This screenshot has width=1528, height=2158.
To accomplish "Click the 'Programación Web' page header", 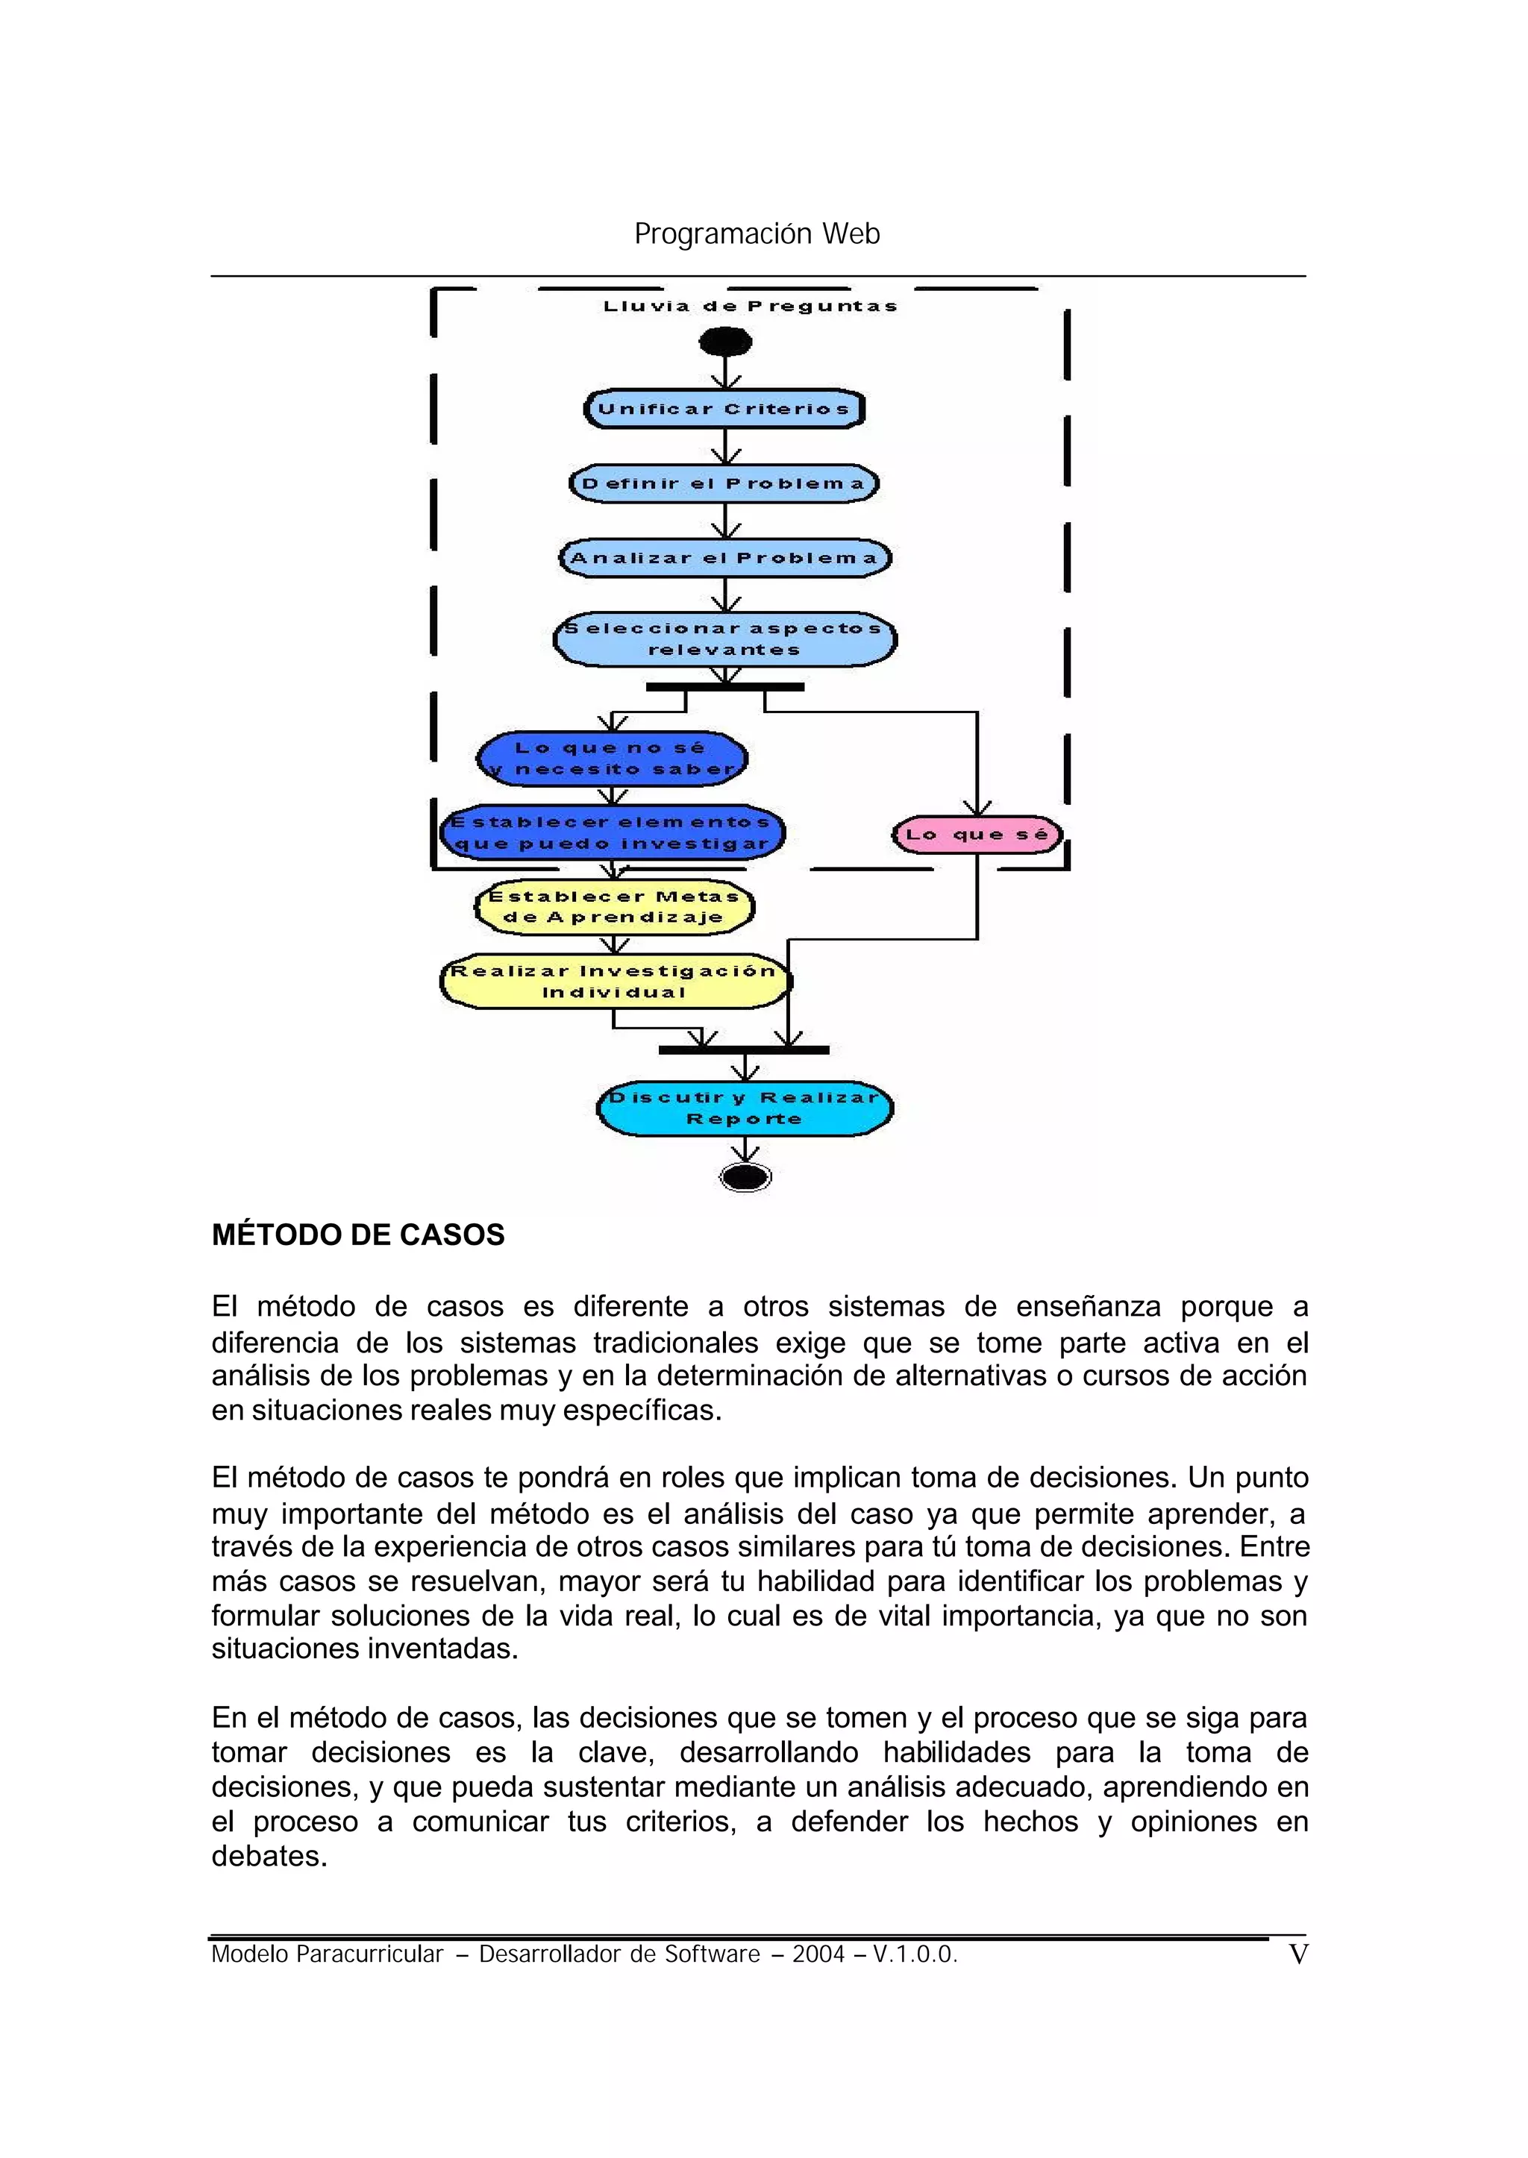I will [757, 233].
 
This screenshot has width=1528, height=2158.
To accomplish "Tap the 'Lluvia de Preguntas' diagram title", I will [750, 306].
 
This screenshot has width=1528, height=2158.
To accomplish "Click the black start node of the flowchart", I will [725, 342].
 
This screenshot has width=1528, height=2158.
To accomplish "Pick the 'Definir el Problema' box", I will [724, 483].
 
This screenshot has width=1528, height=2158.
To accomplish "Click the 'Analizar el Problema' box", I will [724, 558].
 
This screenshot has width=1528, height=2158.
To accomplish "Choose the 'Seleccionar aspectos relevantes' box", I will [724, 639].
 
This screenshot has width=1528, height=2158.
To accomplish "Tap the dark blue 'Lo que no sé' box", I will [612, 758].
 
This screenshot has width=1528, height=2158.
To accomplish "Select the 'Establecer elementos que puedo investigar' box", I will [612, 832].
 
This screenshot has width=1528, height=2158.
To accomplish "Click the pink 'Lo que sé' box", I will [977, 835].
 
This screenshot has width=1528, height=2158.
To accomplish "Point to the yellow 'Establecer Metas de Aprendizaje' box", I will [613, 907].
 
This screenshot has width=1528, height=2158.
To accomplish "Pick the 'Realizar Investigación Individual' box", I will [614, 981].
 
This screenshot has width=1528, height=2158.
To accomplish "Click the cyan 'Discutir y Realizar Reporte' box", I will [745, 1108].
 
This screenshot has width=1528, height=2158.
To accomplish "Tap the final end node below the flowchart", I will [745, 1177].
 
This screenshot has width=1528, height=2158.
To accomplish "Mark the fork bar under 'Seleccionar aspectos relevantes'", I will [724, 688].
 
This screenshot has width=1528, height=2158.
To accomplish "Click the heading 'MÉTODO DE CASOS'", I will [357, 1235].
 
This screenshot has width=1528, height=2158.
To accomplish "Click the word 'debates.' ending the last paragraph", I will [269, 1856].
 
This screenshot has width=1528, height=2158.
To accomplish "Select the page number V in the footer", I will [1297, 1955].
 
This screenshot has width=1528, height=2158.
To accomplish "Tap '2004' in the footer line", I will [818, 1955].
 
